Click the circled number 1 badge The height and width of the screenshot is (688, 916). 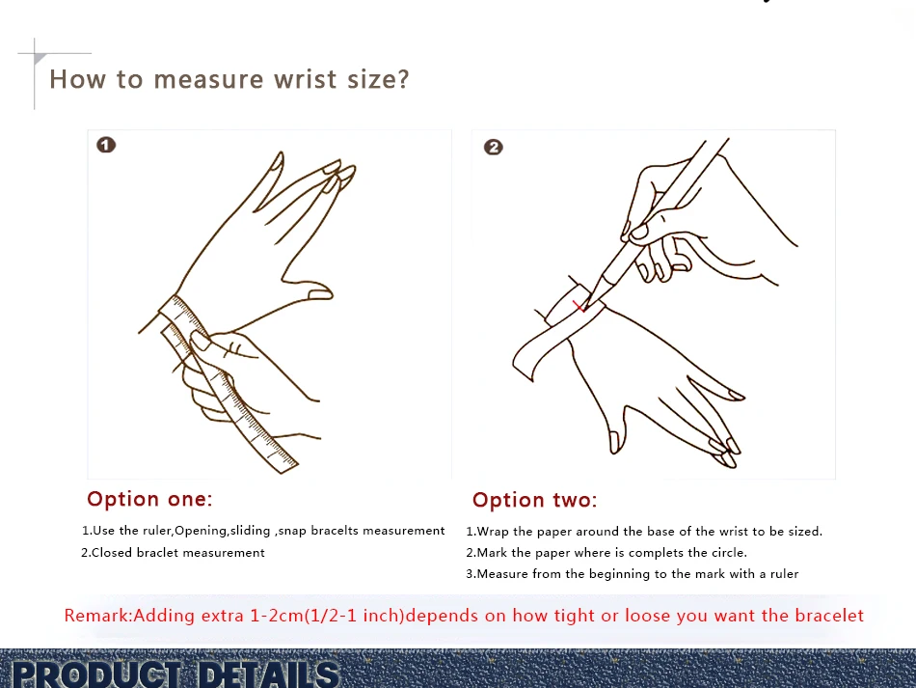106,145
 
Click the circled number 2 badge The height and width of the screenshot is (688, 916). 493,147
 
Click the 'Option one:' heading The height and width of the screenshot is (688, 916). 149,499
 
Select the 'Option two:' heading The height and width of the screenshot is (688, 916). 534,500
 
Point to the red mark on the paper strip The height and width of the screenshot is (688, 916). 579,306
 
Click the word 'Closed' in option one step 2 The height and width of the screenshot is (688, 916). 112,552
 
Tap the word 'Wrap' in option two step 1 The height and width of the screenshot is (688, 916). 493,532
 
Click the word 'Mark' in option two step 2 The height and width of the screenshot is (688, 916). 492,552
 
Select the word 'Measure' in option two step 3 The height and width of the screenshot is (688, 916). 502,574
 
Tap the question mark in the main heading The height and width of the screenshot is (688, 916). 402,79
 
